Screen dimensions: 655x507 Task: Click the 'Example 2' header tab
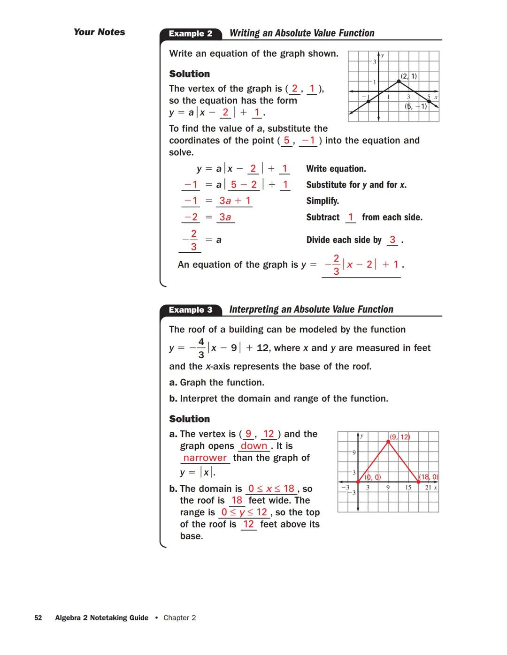tap(190, 34)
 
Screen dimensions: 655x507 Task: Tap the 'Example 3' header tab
tap(190, 310)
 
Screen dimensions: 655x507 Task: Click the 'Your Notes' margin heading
tap(99, 32)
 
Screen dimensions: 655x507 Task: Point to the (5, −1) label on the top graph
tap(416, 106)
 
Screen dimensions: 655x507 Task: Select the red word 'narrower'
tap(205, 458)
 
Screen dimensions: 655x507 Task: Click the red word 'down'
tap(254, 446)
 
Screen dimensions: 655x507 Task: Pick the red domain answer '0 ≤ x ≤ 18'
tap(271, 489)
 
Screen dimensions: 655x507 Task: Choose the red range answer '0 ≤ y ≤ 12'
tap(244, 512)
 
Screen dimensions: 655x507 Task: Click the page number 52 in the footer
tap(38, 618)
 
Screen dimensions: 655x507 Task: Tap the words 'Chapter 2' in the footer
tap(179, 618)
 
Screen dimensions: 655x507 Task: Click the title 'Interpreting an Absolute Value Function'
tap(311, 309)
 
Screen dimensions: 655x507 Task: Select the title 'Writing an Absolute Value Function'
tap(302, 33)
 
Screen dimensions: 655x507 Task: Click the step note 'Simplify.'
tap(323, 201)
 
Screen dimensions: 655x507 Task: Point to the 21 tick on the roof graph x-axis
tap(428, 488)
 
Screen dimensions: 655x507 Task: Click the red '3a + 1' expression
tap(235, 201)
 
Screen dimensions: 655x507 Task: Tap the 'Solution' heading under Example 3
tap(189, 419)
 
